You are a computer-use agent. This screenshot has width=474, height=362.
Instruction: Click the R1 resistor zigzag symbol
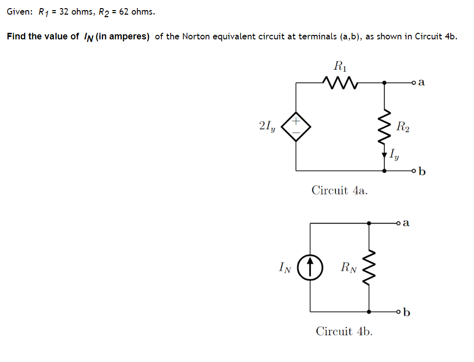[x=339, y=81]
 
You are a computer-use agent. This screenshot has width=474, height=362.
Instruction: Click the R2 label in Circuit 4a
[x=403, y=126]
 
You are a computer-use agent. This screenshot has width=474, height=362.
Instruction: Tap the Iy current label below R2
[x=395, y=154]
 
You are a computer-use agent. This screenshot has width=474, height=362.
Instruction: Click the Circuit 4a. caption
[x=340, y=190]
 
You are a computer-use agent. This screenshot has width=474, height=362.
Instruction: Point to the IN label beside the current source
[x=285, y=267]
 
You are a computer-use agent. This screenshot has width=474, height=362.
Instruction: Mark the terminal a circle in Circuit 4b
[x=399, y=223]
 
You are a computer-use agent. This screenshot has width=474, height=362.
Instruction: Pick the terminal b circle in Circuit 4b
[x=399, y=312]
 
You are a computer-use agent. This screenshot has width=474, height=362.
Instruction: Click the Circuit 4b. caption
[x=344, y=331]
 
